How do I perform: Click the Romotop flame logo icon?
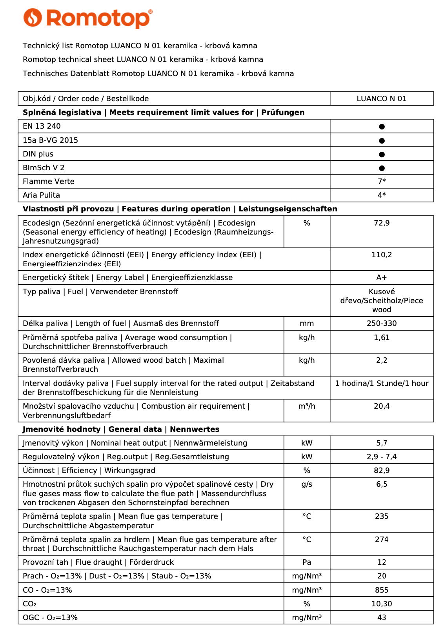coord(33,18)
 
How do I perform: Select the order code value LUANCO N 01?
coord(381,99)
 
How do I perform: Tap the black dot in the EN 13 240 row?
coord(382,127)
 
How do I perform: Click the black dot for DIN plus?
coord(382,155)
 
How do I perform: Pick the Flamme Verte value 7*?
coord(382,181)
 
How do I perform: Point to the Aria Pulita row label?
coord(41,195)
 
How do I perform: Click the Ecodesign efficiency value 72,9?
coord(382,223)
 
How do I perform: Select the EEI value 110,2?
coord(382,255)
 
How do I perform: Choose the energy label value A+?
coord(382,278)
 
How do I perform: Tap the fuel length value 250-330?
coord(382,324)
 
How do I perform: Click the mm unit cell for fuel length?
coord(307,324)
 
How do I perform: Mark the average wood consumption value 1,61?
coord(382,338)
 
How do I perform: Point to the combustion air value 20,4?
coord(382,406)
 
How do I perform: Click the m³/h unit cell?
coord(307,406)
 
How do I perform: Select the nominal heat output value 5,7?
coord(382,443)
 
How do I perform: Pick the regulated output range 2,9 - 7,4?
coord(382,457)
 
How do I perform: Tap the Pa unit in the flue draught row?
coord(307,562)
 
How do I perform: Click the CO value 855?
coord(382,590)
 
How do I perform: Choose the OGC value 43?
coord(382,618)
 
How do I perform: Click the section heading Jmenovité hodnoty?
coord(61,429)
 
